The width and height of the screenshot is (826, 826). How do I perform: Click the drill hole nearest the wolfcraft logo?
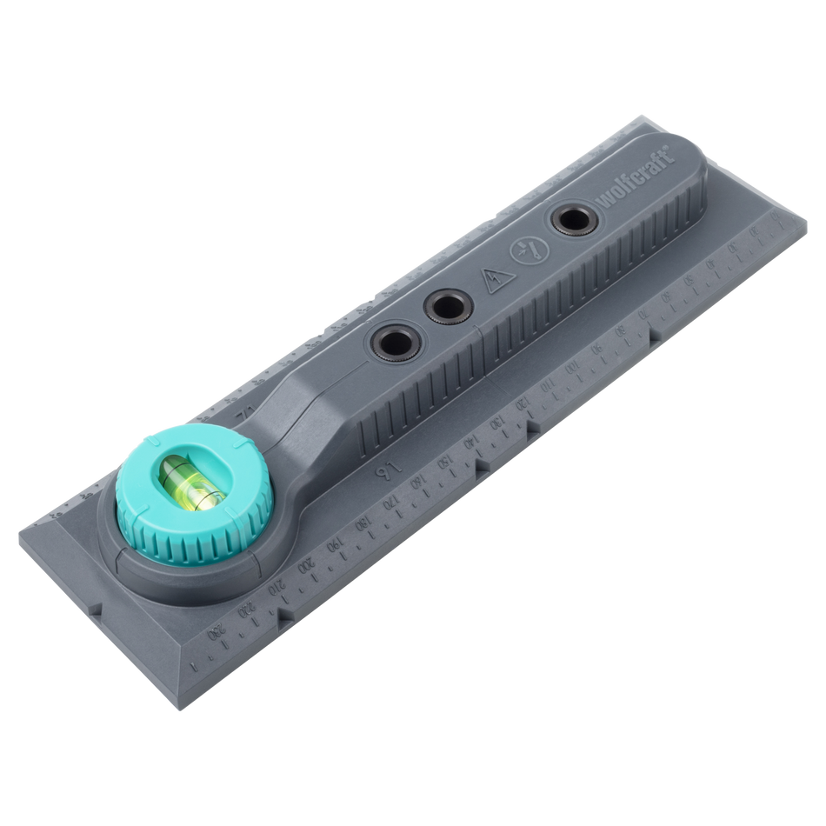click(571, 221)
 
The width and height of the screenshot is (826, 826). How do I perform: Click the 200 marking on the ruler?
click(305, 565)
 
